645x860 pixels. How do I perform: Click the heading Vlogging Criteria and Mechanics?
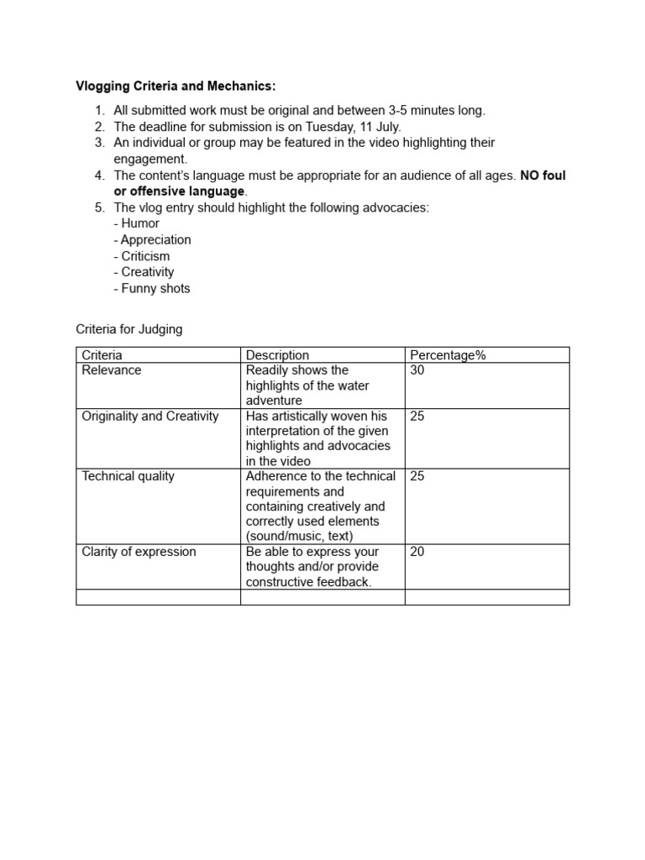click(176, 87)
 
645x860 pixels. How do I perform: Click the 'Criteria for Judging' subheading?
click(128, 329)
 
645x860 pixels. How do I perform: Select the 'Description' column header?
click(277, 355)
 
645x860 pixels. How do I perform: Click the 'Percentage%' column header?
click(448, 355)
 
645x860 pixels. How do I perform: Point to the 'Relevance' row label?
click(112, 370)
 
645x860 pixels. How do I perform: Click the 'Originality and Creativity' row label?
click(150, 416)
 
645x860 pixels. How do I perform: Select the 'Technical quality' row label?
click(128, 476)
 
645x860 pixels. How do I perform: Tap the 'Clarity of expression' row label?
click(139, 552)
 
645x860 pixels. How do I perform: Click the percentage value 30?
click(417, 370)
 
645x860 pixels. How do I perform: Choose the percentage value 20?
click(417, 552)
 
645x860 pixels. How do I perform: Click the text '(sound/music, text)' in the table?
click(299, 536)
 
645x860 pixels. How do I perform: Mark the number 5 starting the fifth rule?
click(98, 207)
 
